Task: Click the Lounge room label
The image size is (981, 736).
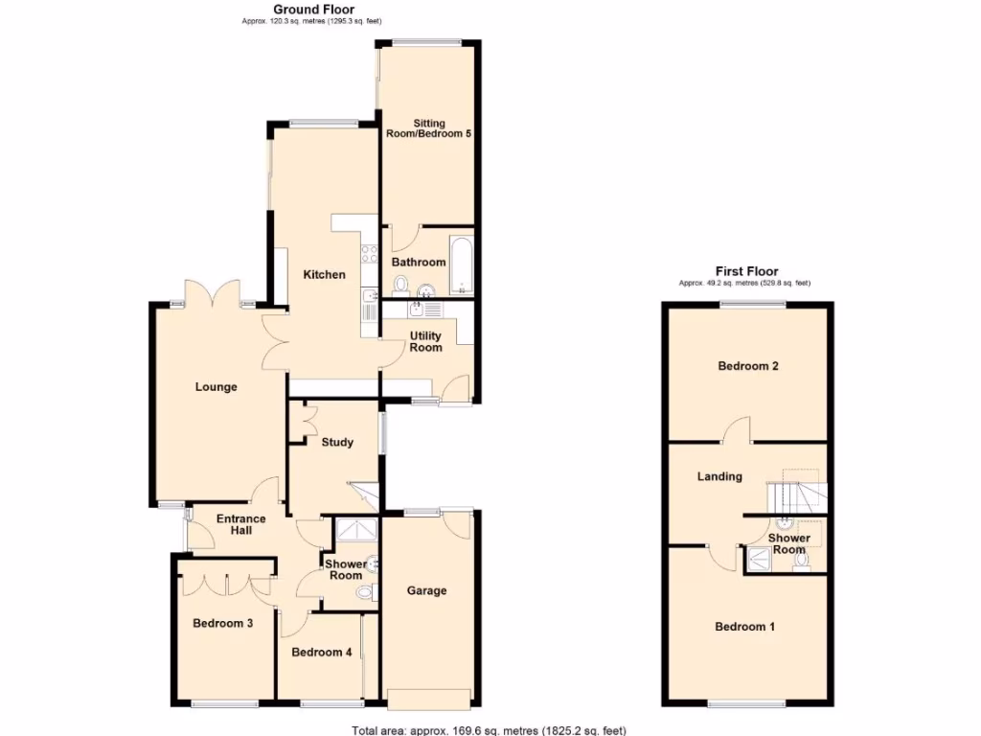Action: coord(216,387)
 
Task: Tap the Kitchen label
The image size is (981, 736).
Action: coord(324,275)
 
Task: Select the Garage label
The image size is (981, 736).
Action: coord(426,590)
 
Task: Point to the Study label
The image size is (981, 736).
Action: coord(337,442)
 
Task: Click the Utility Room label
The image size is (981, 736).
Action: coord(426,341)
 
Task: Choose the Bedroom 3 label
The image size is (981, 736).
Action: coord(222,623)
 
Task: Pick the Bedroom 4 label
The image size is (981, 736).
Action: coord(322,653)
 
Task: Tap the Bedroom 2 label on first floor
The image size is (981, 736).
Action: coord(747,366)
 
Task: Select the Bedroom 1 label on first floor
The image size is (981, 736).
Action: coord(745,627)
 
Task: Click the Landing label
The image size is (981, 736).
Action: coord(719,476)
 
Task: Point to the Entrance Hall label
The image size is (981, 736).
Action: coord(240,524)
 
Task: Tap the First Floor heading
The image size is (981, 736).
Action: coord(746,271)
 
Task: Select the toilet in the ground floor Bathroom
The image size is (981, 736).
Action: coord(399,284)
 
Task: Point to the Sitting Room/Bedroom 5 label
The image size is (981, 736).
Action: coord(429,128)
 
